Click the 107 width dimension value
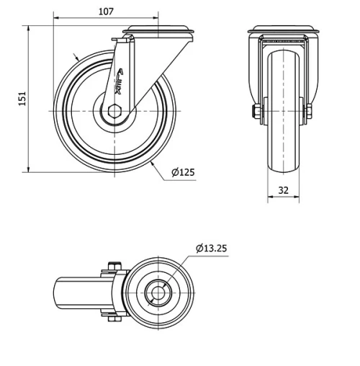pyautogui.click(x=106, y=11)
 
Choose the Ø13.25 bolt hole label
pyautogui.click(x=211, y=249)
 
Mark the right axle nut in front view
pyautogui.click(x=309, y=112)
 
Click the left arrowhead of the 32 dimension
pyautogui.click(x=270, y=200)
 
